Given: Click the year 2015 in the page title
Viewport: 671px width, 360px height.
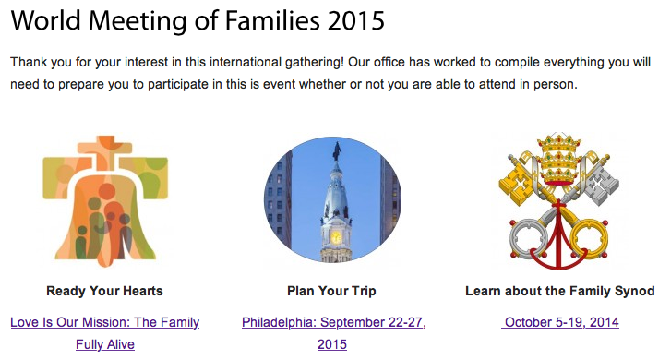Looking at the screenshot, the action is [356, 20].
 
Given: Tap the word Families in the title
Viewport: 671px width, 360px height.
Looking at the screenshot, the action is [271, 20].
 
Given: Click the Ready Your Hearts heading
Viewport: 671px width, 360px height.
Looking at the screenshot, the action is [105, 291].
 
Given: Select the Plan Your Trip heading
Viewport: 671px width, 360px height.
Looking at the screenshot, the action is [331, 291].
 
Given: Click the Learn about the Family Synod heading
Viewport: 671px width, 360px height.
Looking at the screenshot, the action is [560, 291].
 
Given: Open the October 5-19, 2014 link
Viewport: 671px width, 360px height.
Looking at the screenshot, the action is [560, 322].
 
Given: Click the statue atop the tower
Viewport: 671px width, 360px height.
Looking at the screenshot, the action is [337, 151].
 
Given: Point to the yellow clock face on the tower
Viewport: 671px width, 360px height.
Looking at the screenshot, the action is [336, 236].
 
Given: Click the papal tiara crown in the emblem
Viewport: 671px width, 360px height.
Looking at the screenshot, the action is [559, 159].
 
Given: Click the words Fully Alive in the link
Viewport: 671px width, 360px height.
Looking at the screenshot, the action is [105, 344].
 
